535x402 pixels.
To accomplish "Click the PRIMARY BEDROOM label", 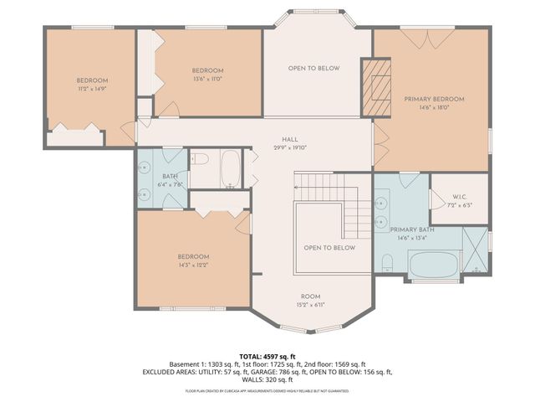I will tap(434, 99).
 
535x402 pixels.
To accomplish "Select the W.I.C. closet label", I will tap(457, 198).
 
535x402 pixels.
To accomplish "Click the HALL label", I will tap(289, 141).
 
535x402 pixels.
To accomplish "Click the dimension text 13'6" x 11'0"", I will tap(207, 78).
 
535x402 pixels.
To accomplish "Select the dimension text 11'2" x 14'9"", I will tap(92, 88).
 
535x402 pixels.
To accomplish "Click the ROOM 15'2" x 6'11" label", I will tap(311, 301).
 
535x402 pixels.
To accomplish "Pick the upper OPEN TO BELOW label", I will tap(313, 69).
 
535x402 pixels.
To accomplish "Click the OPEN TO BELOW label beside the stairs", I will tap(329, 247).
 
